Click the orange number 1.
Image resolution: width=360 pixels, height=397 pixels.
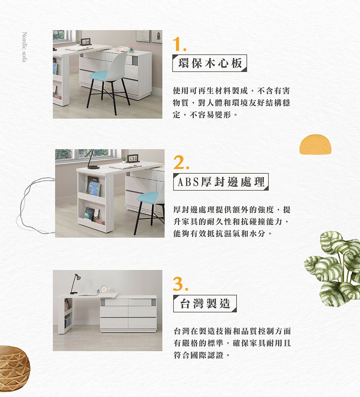point(179,44)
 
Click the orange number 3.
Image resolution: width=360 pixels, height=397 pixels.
point(179,284)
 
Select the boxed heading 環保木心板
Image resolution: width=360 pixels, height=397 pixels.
point(210,63)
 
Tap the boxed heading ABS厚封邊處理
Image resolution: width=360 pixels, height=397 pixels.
point(221,182)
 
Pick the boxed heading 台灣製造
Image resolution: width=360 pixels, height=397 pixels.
point(204,304)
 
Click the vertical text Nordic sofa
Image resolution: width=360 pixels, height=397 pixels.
point(24,47)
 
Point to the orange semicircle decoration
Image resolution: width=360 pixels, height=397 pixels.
point(315,145)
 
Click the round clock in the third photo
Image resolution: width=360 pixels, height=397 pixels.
point(104,289)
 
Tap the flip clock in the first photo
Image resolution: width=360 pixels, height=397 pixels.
point(86,42)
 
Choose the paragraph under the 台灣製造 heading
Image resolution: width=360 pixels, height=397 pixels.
point(232,343)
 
